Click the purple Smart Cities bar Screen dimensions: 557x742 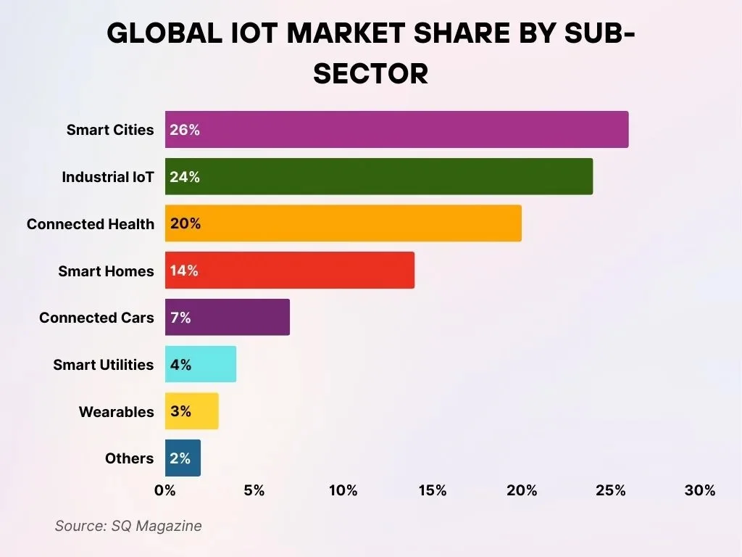point(396,130)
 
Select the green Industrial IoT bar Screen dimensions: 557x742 point(379,177)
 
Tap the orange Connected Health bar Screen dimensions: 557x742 point(343,223)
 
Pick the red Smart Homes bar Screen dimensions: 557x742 point(290,271)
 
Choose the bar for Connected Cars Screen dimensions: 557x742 point(228,318)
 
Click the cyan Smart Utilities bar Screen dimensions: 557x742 point(201,364)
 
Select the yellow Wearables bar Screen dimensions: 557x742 point(192,411)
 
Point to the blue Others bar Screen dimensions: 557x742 point(183,458)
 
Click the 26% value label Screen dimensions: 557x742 point(185,131)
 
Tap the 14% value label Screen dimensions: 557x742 point(184,271)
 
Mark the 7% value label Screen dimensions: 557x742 point(180,318)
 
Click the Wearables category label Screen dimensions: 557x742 point(117,412)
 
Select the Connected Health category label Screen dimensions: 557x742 point(91,224)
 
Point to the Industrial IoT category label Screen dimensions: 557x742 point(108,177)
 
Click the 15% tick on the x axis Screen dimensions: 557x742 point(433,491)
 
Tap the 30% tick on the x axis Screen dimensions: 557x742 point(700,491)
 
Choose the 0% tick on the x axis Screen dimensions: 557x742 point(165,491)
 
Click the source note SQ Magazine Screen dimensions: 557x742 point(128,526)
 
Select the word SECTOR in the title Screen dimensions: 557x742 point(371,74)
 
